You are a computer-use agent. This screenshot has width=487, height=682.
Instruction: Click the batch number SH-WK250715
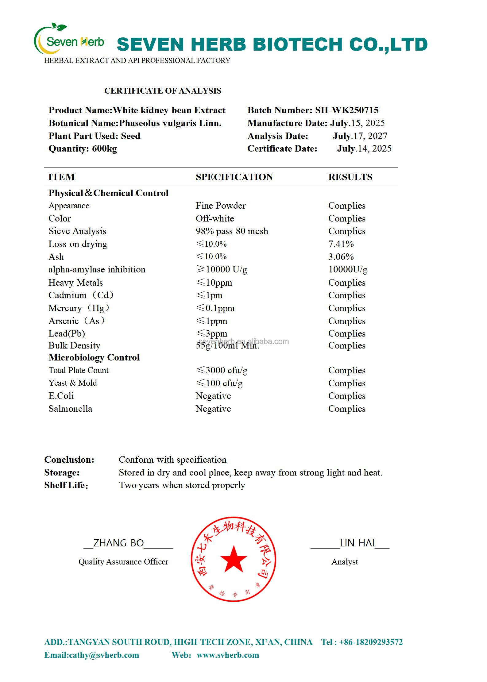347,110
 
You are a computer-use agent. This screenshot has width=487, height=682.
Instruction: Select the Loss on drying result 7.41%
341,244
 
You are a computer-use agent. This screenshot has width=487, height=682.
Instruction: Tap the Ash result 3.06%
341,257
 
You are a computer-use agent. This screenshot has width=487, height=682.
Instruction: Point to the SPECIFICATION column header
234,177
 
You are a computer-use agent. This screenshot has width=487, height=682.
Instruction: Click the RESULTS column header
350,177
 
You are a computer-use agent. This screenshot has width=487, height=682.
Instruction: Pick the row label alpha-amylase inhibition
97,270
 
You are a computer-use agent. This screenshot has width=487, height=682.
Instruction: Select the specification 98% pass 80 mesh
232,231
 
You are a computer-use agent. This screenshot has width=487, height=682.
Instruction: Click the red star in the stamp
234,559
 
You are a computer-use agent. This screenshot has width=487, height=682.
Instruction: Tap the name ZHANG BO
118,543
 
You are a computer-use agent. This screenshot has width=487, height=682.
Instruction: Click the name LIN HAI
357,543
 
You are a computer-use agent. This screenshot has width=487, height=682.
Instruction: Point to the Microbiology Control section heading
94,357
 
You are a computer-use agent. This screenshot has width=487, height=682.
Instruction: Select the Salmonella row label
70,409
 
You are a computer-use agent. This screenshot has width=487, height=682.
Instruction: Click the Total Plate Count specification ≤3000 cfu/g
222,370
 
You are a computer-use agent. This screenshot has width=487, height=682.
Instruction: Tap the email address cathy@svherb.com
104,655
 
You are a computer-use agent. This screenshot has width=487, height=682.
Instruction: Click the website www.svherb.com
228,655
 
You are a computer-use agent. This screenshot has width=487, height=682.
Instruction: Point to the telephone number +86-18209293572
371,642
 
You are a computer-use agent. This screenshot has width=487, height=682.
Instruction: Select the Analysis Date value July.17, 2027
360,136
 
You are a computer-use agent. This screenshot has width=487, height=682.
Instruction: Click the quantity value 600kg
104,149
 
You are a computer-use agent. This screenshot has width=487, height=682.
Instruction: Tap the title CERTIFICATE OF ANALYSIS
163,91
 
